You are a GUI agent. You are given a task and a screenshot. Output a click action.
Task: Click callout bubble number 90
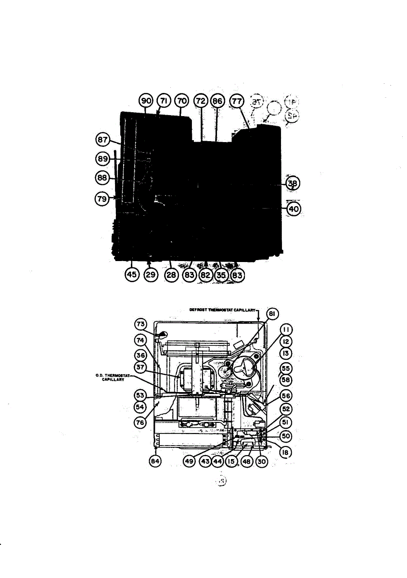pos(146,101)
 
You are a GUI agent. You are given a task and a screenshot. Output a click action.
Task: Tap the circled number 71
pos(164,101)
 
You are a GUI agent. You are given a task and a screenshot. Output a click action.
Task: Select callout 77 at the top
pos(236,101)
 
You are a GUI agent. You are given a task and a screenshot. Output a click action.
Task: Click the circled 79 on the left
pos(101,198)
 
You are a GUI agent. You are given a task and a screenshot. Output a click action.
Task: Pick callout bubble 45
pos(132,275)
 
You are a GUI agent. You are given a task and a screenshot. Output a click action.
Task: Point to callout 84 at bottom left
pos(155,461)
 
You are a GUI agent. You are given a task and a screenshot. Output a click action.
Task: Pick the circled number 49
pos(189,461)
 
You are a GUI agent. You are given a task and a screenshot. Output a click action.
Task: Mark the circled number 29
pos(151,275)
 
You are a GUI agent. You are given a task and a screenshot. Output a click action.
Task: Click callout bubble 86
pos(217,101)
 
